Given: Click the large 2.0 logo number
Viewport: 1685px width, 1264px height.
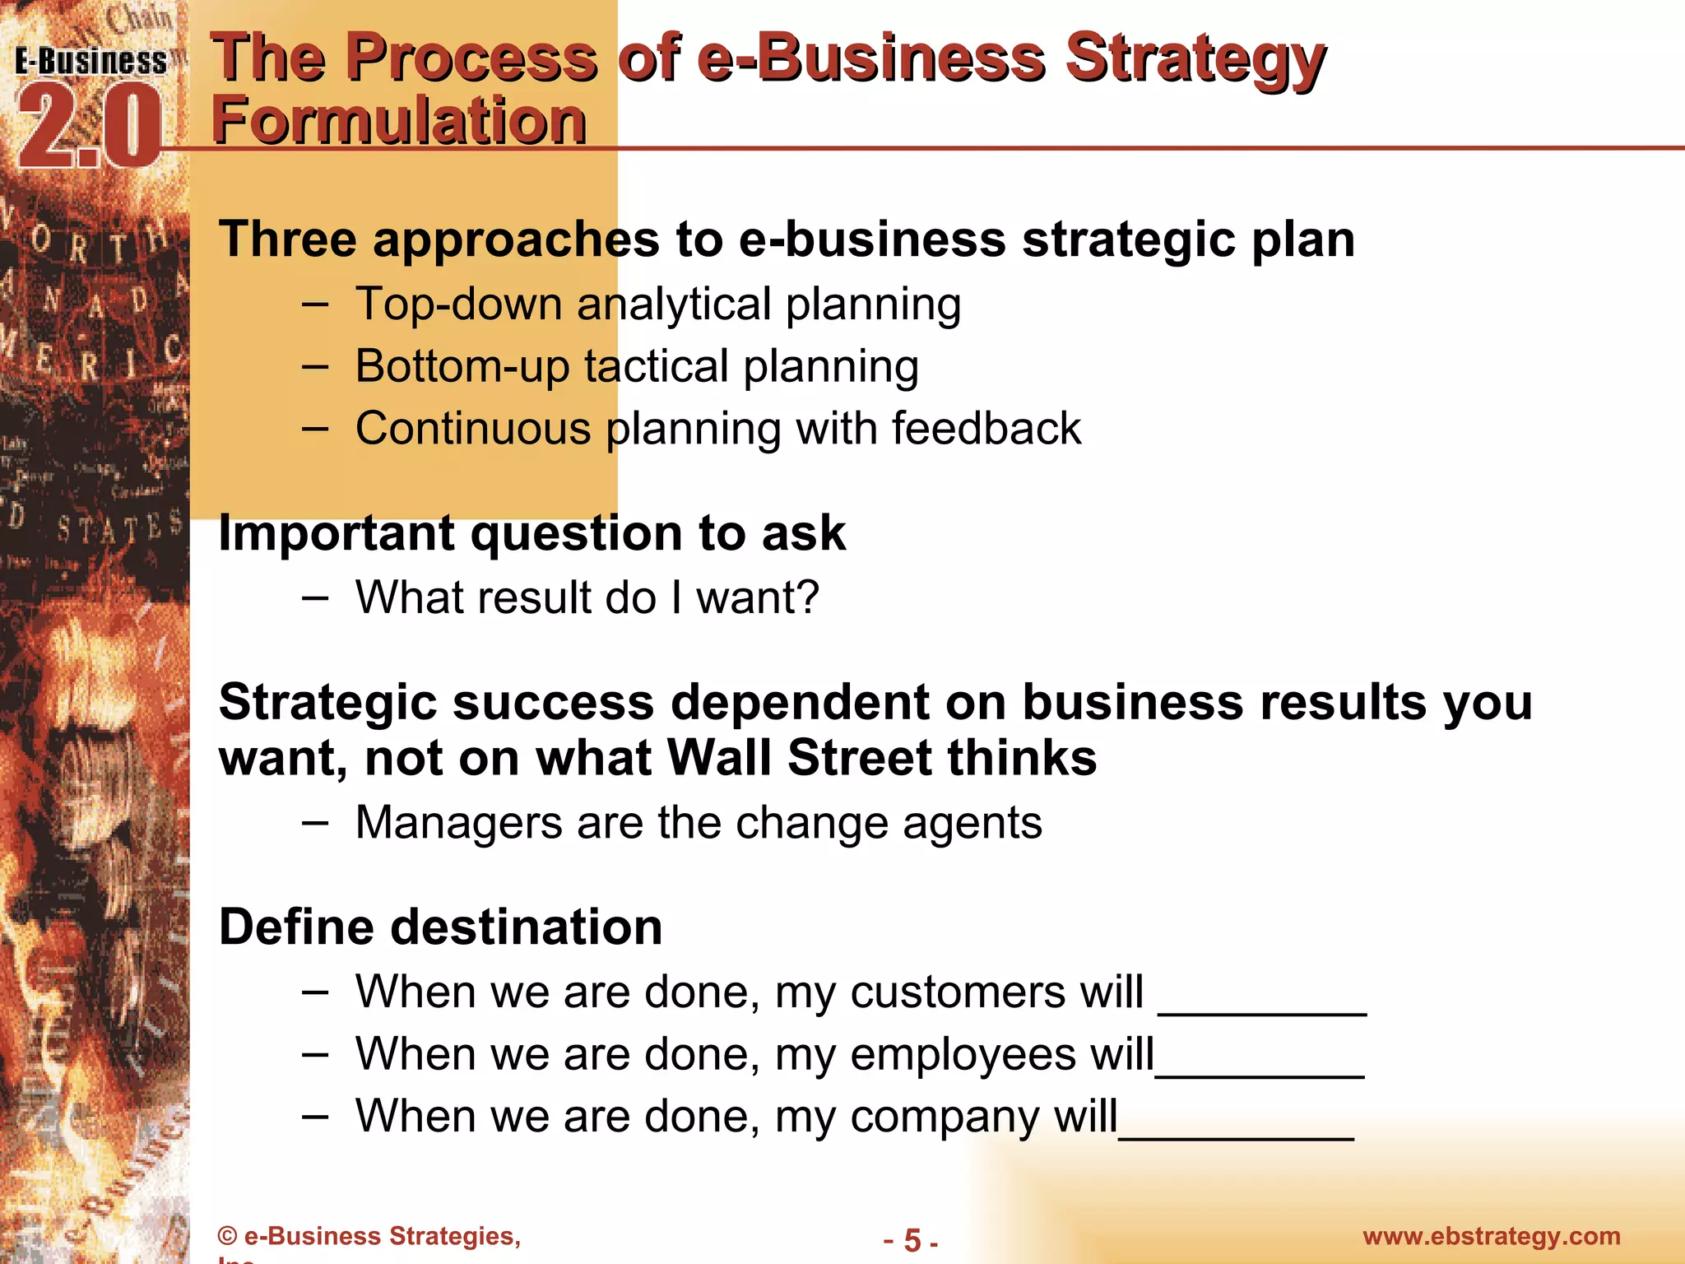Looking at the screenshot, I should tap(89, 128).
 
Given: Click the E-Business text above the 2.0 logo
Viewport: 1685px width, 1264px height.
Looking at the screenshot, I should tap(91, 62).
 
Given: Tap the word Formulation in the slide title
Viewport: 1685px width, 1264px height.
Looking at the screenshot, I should tap(399, 120).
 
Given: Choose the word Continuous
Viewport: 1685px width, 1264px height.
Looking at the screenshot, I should tap(473, 429).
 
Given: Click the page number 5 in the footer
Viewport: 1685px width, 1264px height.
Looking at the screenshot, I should tap(912, 1239).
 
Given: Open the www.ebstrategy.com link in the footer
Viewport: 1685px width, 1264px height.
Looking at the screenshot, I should tap(1491, 1236).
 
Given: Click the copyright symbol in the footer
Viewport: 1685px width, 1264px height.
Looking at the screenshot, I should tap(227, 1236).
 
